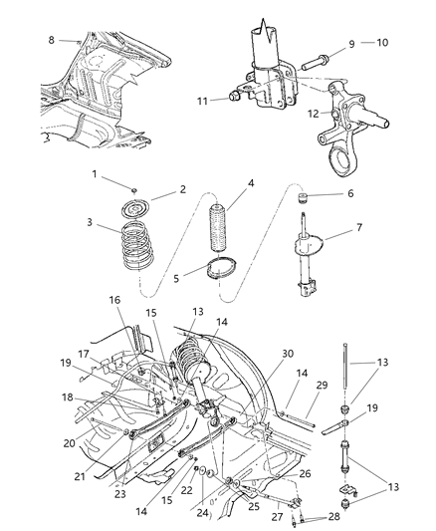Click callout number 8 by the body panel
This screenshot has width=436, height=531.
point(52,41)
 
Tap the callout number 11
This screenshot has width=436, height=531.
point(202,100)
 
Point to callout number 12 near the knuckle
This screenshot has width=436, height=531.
point(314,113)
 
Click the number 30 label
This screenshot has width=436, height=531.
point(288,354)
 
